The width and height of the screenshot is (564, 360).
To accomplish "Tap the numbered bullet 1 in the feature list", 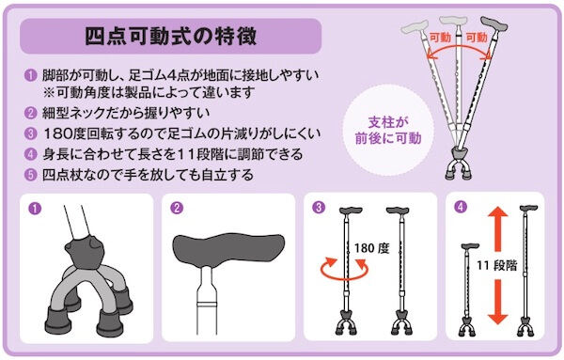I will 31,75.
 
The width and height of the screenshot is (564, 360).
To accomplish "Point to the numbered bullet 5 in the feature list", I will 31,174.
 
